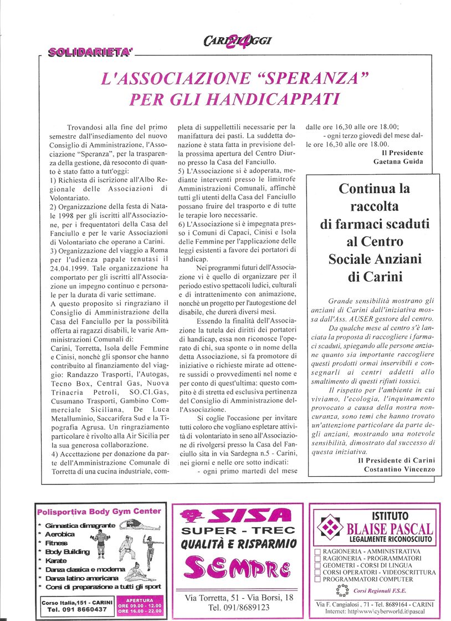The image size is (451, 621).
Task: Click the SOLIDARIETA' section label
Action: click(90, 52)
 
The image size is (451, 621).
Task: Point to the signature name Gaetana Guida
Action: click(398, 161)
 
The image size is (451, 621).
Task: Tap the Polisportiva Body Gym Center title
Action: click(100, 511)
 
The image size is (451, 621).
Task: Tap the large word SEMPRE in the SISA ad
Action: click(237, 568)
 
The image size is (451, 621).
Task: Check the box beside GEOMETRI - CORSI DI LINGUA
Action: click(317, 565)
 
